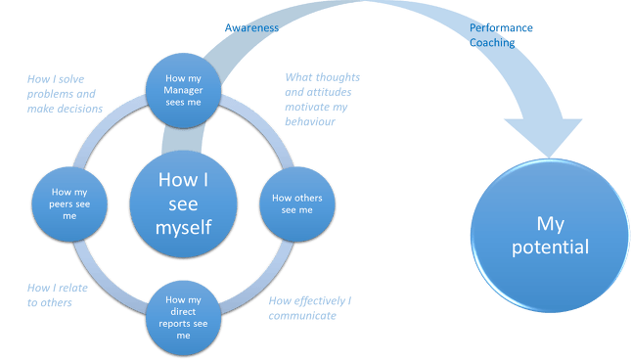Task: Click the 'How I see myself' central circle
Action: click(x=184, y=203)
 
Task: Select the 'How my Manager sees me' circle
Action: click(x=184, y=91)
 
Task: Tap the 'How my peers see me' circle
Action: click(x=69, y=204)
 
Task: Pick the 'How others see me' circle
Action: click(x=297, y=204)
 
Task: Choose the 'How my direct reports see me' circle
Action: click(x=184, y=318)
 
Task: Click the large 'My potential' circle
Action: click(x=551, y=236)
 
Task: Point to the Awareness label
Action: click(x=251, y=27)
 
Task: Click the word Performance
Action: click(x=501, y=27)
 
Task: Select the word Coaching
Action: click(x=492, y=43)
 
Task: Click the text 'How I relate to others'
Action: click(x=58, y=295)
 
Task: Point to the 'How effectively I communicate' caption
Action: click(x=310, y=308)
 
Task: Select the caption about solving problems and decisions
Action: click(x=65, y=94)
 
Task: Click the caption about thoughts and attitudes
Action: click(x=322, y=100)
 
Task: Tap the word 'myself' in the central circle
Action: click(x=184, y=228)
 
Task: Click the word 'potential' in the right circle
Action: click(x=551, y=247)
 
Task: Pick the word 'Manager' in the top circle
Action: click(x=183, y=90)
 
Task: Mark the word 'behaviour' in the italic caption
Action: click(x=310, y=121)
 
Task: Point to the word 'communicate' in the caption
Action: click(x=302, y=316)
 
